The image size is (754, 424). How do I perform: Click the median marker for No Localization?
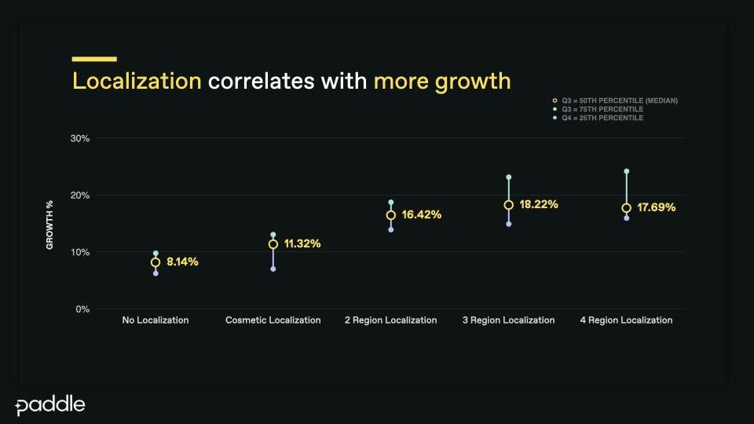coord(156,262)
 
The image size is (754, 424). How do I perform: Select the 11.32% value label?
coord(302,243)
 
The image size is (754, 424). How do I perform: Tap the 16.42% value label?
coord(422,214)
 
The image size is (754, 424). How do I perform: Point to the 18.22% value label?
coord(539,204)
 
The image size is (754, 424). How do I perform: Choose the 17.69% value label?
coord(657,207)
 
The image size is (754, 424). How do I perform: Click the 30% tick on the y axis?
coord(81,138)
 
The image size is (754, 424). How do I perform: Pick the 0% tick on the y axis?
coord(83,309)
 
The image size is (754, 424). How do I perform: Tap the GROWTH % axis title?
coord(49,225)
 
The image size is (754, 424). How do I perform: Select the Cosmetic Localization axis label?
coord(273,320)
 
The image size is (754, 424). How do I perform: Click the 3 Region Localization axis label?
coord(508,320)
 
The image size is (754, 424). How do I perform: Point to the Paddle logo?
coord(50,406)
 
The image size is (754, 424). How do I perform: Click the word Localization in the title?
coord(137,81)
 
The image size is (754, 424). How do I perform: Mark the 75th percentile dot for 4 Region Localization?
coord(626,171)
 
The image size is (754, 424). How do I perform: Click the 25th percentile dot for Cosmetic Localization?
coord(273,269)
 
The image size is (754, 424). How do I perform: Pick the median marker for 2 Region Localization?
coord(390,215)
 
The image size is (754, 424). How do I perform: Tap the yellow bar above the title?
coord(94,59)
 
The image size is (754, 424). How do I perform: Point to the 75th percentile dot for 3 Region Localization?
coord(508,177)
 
